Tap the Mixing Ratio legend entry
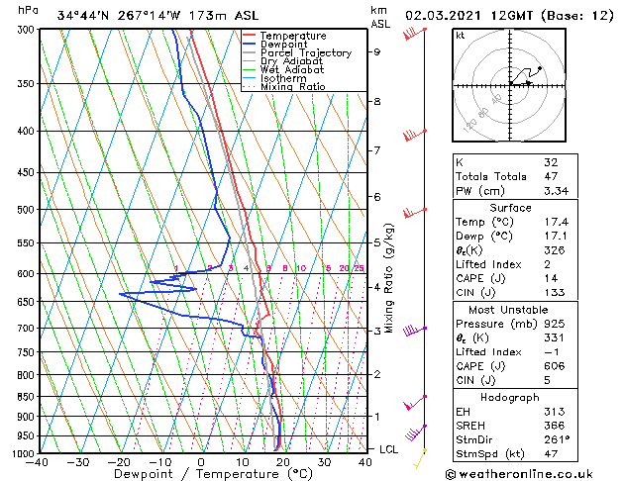293,87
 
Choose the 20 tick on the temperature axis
282,462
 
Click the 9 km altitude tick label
376,51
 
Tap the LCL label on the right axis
390,449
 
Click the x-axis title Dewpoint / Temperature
201,474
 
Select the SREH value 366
554,426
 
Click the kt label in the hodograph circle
460,36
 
